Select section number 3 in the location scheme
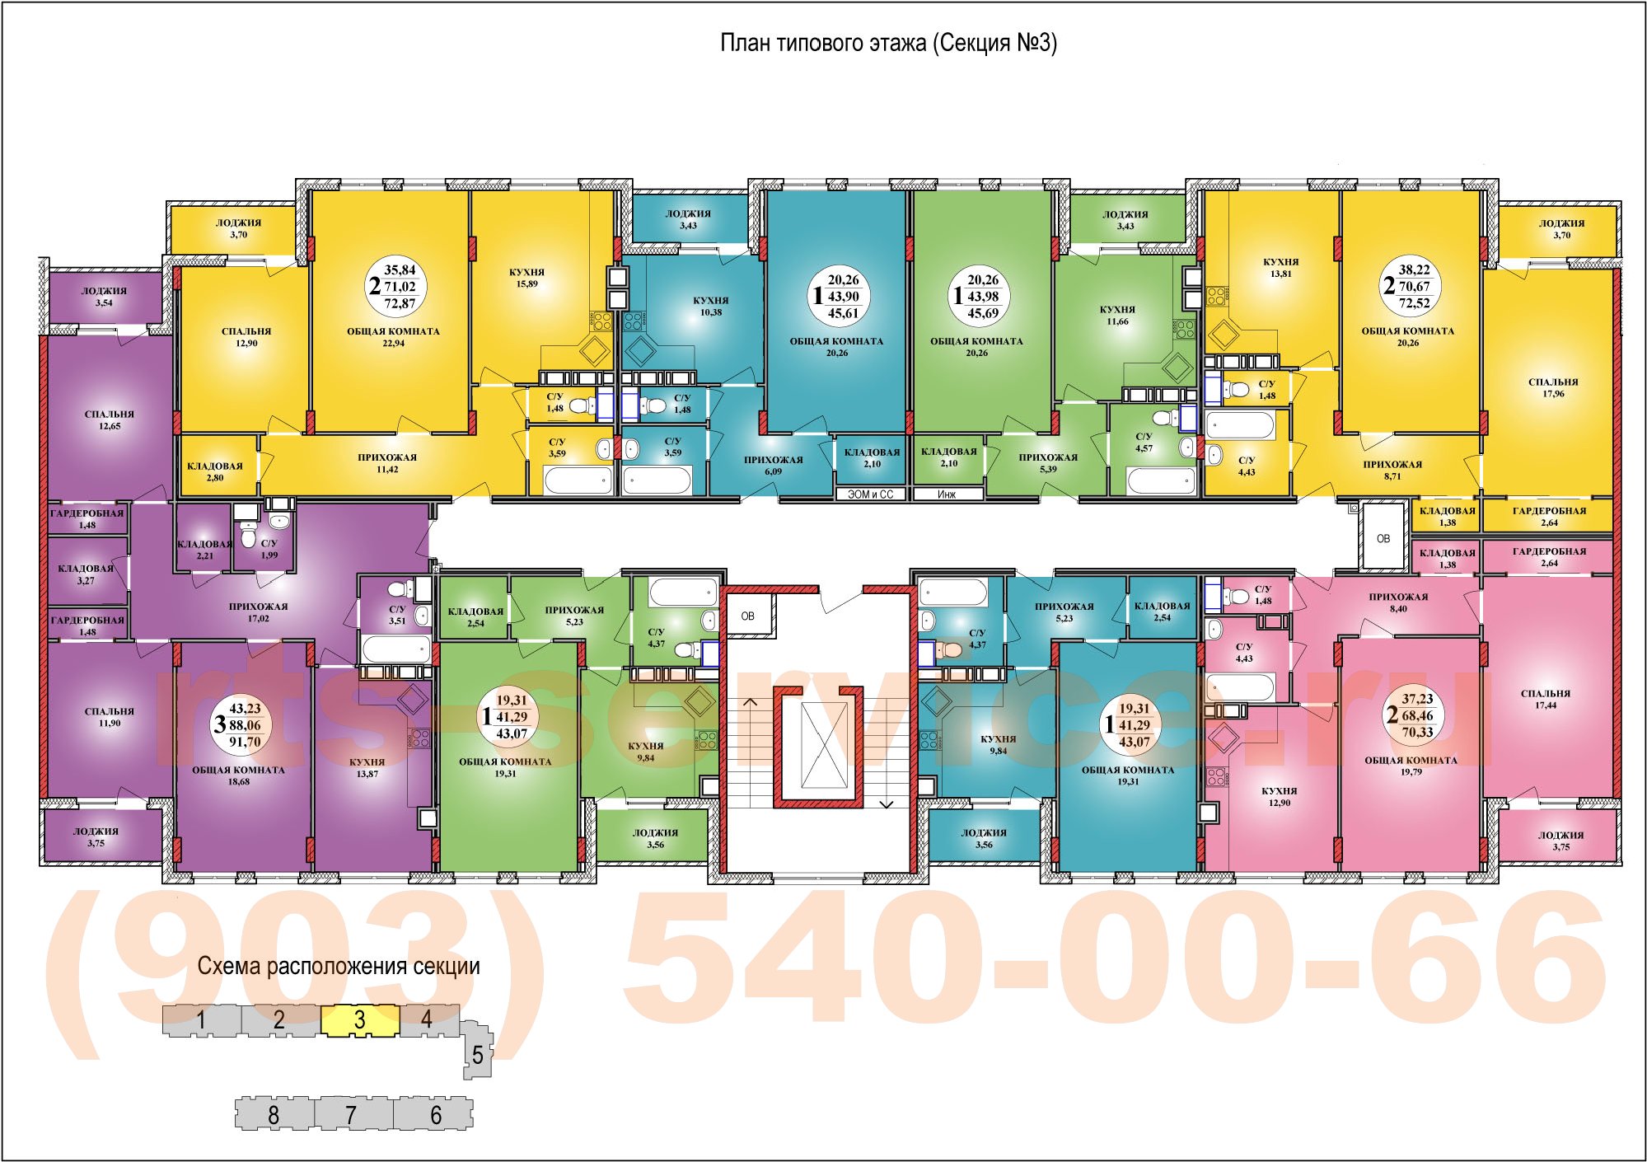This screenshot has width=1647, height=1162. [x=359, y=1020]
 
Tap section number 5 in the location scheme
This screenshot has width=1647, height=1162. [x=477, y=1054]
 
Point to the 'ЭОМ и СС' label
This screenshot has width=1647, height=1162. [x=870, y=494]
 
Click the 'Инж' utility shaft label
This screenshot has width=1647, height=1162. [x=947, y=494]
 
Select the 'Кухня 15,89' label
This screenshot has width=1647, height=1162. [x=526, y=278]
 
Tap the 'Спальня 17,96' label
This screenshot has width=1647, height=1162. [x=1553, y=387]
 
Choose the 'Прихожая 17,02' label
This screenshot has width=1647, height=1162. [x=258, y=612]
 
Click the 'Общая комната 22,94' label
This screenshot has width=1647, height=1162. [x=393, y=337]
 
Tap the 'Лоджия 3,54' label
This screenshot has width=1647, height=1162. [x=104, y=297]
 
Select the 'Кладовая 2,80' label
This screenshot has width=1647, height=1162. [x=215, y=471]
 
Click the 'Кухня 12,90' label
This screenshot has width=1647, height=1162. [x=1279, y=796]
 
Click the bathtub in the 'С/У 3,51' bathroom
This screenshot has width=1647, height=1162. [x=396, y=649]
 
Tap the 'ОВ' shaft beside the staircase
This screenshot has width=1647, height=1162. [x=748, y=616]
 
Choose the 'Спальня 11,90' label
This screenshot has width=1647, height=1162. [x=109, y=717]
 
